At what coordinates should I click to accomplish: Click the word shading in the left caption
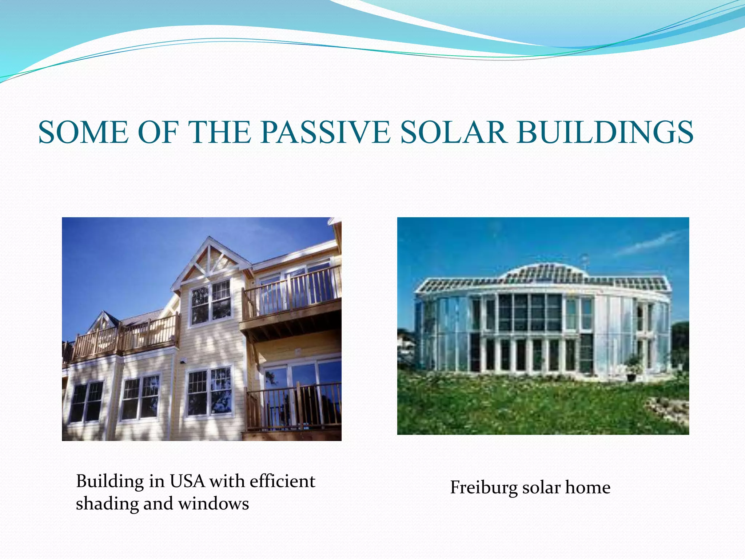pos(107,504)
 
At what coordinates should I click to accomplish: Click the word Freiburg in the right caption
pos(483,487)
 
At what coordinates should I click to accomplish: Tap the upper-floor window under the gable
pos(211,302)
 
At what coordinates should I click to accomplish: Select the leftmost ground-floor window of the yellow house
pos(87,402)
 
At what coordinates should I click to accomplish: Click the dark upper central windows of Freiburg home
pos(529,312)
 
